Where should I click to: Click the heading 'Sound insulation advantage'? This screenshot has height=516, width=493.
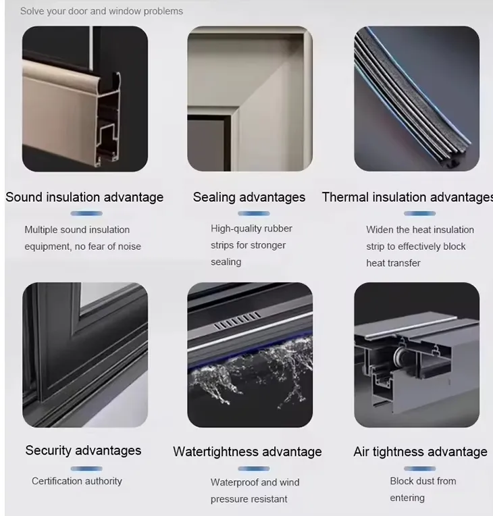(x=84, y=197)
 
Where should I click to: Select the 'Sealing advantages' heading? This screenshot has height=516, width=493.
(x=249, y=197)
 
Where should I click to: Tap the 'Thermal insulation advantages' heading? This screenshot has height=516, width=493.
(x=407, y=197)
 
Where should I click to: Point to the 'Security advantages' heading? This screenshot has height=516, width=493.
(x=84, y=450)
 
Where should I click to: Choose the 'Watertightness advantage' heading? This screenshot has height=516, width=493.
(x=247, y=452)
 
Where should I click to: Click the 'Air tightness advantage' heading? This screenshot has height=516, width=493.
(x=420, y=452)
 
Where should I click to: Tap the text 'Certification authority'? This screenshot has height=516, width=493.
(x=77, y=481)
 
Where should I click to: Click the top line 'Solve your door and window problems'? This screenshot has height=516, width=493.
(x=101, y=11)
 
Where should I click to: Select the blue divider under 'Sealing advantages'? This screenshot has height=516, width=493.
(x=249, y=213)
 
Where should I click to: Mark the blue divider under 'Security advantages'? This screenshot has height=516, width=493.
(x=84, y=467)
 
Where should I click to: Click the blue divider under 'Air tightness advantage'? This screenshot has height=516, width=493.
(x=420, y=468)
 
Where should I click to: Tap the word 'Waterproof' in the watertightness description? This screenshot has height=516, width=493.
(x=234, y=482)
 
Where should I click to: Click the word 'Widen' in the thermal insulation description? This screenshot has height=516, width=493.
(x=379, y=230)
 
